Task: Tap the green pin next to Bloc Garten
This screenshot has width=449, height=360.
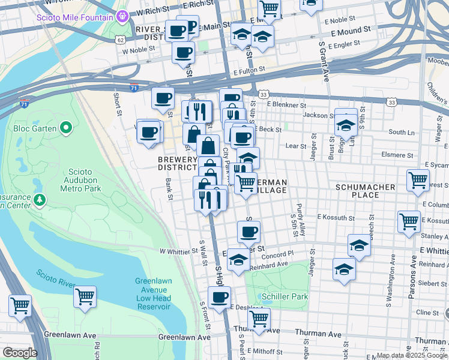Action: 67,128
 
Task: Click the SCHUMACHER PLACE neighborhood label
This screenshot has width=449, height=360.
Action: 365,191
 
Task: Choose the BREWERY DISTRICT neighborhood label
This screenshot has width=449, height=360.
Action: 177,163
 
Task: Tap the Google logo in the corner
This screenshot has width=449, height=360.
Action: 20,353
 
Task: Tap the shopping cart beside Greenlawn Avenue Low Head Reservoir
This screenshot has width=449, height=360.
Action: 85,296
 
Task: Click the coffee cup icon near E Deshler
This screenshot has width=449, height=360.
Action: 219,296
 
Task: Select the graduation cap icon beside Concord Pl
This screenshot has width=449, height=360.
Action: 359,245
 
